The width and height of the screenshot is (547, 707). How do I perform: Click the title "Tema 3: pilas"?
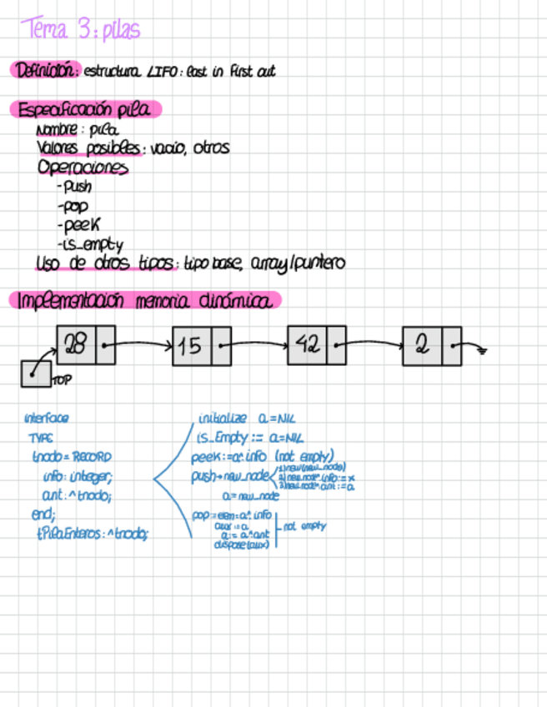click(x=82, y=31)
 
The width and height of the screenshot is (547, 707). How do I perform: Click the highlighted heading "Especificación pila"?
click(x=84, y=110)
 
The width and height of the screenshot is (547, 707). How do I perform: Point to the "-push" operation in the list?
click(x=74, y=187)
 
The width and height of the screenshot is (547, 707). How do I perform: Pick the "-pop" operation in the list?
click(x=73, y=206)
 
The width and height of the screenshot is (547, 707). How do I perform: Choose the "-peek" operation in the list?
click(x=78, y=225)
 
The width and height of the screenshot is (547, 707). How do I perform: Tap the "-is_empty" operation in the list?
click(x=89, y=244)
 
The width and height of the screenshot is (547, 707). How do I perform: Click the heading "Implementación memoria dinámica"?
click(x=143, y=300)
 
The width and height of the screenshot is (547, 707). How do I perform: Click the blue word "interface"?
click(x=47, y=419)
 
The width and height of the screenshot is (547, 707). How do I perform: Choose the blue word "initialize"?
click(x=223, y=418)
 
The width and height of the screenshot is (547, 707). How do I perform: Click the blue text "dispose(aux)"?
click(x=241, y=545)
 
